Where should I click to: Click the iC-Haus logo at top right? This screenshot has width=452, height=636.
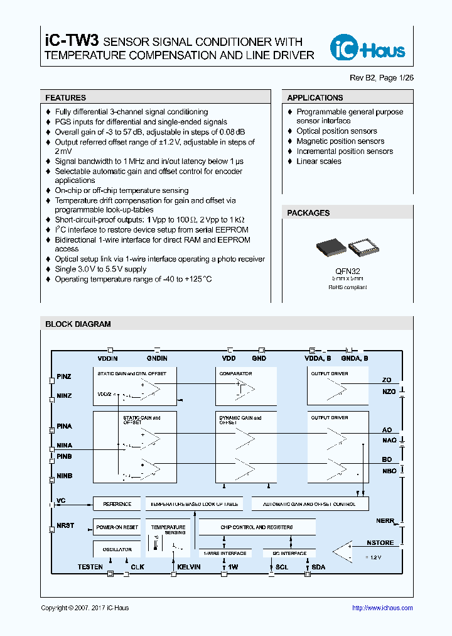[368, 48]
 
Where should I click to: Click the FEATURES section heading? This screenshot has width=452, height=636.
[65, 98]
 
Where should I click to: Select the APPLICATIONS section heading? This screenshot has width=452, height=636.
[315, 98]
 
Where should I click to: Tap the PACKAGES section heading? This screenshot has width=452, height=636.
[308, 213]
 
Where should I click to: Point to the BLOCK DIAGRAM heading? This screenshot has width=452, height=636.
[78, 324]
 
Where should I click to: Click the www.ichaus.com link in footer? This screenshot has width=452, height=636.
[382, 608]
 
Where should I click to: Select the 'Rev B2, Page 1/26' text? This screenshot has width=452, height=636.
[382, 77]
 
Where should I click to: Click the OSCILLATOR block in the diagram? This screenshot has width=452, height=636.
[117, 549]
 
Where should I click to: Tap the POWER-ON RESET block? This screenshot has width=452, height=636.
[117, 527]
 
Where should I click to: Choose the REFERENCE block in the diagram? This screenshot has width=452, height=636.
[117, 504]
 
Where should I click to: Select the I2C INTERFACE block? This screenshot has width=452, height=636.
[289, 554]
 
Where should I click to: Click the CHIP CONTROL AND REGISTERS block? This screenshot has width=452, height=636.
[256, 527]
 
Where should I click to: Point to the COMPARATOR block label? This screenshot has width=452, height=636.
[235, 374]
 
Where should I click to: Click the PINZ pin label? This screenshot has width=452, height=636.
[64, 376]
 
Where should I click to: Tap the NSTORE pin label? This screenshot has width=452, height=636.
[380, 542]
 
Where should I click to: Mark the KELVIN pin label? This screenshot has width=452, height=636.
[189, 567]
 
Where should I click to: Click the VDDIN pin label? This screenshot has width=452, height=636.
[107, 358]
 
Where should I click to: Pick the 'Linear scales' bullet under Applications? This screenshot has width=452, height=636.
[319, 162]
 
